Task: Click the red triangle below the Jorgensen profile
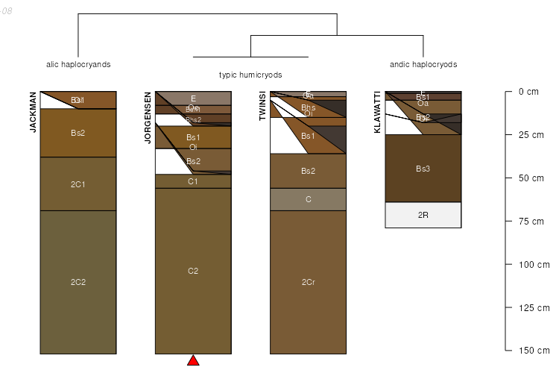[193, 361]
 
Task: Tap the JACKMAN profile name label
[33, 112]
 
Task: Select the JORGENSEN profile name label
[148, 118]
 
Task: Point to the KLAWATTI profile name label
[377, 112]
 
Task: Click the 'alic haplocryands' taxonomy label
[78, 64]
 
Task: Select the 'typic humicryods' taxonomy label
[250, 75]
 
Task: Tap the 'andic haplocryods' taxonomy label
[423, 64]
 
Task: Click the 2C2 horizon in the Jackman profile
[78, 282]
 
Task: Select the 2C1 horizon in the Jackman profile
[78, 184]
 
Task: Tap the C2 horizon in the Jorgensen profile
[193, 271]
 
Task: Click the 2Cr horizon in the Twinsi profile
[308, 282]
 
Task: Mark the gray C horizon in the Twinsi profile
[308, 199]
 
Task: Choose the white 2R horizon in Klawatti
[423, 215]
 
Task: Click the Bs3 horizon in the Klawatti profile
[423, 169]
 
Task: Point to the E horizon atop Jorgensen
[193, 98]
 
